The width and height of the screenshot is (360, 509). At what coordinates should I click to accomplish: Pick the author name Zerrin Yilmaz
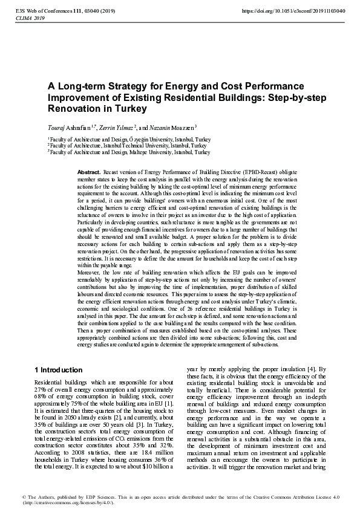coord(118,128)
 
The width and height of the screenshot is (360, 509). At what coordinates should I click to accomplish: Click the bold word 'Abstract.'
coord(89,172)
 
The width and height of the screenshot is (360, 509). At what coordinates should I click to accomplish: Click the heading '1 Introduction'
coord(58,370)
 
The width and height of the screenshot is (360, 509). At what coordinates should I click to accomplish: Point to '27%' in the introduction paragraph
coord(41,390)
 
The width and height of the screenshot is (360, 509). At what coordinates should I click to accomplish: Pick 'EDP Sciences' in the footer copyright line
coord(90,497)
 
